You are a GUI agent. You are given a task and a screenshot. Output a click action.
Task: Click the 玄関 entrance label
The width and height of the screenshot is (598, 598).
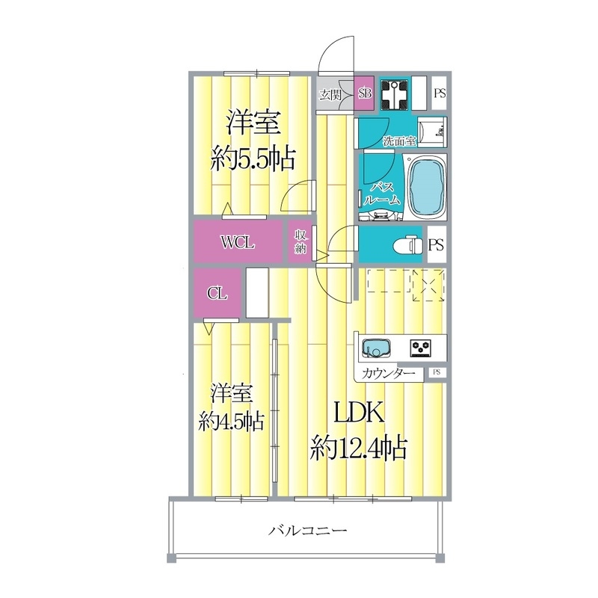[330, 94]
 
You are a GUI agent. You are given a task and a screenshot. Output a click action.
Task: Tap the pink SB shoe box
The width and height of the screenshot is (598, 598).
[365, 94]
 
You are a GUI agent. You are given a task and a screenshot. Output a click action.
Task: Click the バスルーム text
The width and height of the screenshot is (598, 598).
[383, 193]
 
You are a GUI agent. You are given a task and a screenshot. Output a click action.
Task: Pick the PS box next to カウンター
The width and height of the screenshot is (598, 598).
[436, 372]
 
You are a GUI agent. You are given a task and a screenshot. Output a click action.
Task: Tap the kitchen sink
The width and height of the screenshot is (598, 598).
[375, 348]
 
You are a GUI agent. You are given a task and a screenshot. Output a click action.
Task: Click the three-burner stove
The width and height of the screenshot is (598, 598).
[422, 347]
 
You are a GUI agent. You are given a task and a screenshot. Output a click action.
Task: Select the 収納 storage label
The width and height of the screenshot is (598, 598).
[299, 242]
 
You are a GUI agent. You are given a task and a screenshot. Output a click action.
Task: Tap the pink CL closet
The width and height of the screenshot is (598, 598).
[217, 293]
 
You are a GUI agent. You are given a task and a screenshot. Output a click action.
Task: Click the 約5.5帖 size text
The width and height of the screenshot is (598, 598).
[252, 158]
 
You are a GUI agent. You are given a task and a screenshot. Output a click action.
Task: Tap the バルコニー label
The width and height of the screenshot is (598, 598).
[307, 532]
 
